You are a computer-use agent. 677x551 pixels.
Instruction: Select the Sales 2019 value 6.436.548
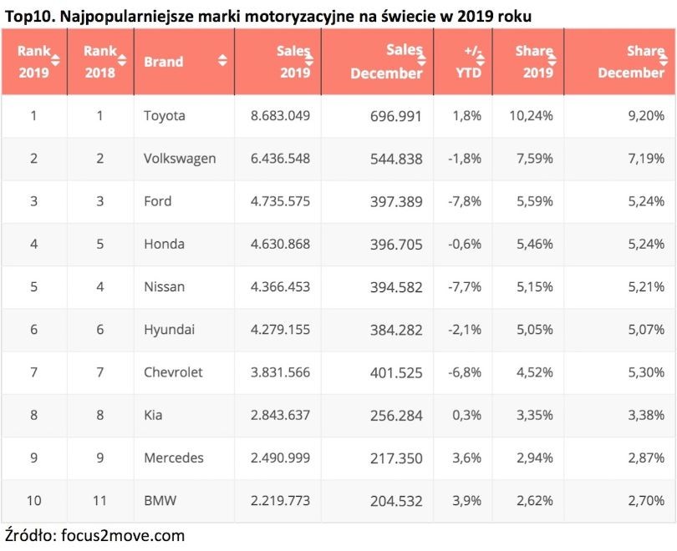click(280, 159)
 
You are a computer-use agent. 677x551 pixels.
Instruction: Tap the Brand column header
click(163, 61)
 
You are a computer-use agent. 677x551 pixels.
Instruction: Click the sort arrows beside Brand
click(222, 61)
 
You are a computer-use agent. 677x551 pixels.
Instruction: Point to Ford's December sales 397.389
click(396, 202)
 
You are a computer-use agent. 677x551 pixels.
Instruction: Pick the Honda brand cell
click(163, 245)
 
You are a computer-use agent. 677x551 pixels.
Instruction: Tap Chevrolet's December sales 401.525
click(396, 372)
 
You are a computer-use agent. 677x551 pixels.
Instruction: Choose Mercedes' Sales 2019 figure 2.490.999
click(280, 458)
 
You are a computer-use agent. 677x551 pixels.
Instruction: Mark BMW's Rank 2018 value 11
click(99, 501)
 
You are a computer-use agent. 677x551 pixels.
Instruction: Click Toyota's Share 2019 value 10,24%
click(531, 116)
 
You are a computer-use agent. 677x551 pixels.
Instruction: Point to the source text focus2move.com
click(123, 535)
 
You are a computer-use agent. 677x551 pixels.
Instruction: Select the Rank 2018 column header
click(100, 61)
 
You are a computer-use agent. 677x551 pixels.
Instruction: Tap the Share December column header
click(631, 61)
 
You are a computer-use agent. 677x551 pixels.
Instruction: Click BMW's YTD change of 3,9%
click(466, 501)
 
